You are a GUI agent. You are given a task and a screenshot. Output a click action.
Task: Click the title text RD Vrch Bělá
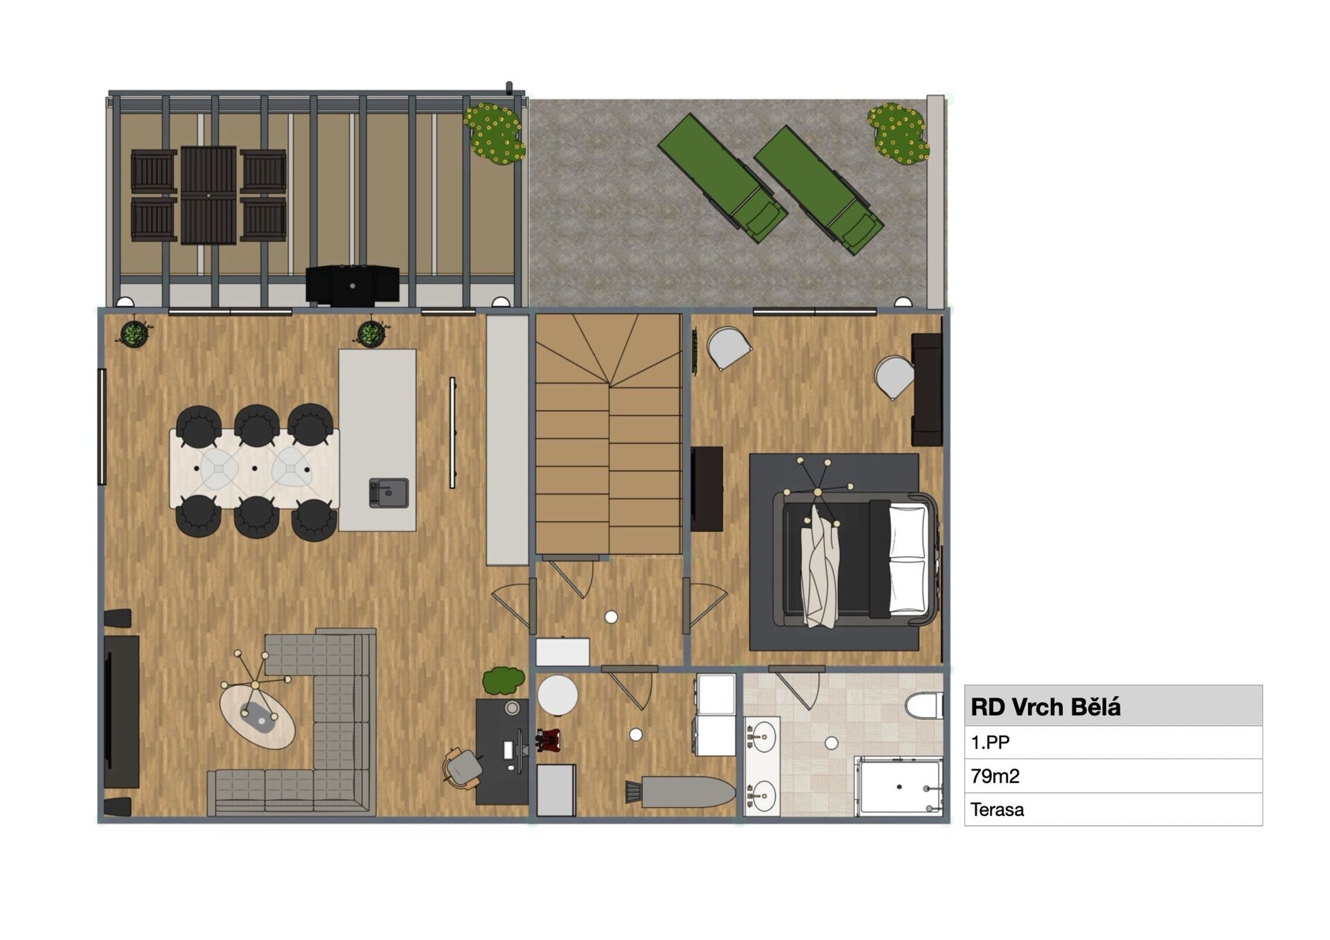(x=1045, y=707)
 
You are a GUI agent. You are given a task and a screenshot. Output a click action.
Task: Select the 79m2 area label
(x=995, y=776)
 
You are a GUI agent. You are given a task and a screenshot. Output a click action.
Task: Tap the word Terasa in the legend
(x=997, y=809)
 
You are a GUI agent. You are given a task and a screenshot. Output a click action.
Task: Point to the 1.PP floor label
(x=990, y=743)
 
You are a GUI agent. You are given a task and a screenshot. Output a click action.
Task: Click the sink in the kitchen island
(x=389, y=493)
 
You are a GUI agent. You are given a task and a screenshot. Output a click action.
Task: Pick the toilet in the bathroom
(x=924, y=707)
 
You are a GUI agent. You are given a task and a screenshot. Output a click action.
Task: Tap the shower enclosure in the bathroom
(x=898, y=786)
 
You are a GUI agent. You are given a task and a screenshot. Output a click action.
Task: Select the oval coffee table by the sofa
(x=258, y=716)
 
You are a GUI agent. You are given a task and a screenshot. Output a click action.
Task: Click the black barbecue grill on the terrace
(x=353, y=285)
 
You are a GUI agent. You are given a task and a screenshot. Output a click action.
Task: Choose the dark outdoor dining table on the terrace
(x=209, y=195)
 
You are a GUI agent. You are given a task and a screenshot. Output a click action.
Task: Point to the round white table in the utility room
(x=558, y=695)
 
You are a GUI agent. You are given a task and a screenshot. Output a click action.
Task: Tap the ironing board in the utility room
(x=681, y=791)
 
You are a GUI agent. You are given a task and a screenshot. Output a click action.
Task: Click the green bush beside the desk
(x=504, y=680)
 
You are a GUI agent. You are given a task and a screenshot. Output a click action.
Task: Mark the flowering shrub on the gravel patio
(x=898, y=134)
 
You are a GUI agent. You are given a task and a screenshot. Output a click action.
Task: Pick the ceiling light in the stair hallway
(x=611, y=617)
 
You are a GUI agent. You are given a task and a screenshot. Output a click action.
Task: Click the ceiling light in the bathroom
(x=832, y=743)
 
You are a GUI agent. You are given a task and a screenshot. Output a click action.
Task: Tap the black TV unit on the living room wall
(x=122, y=711)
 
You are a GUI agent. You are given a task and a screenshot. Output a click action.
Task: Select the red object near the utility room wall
(x=548, y=739)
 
